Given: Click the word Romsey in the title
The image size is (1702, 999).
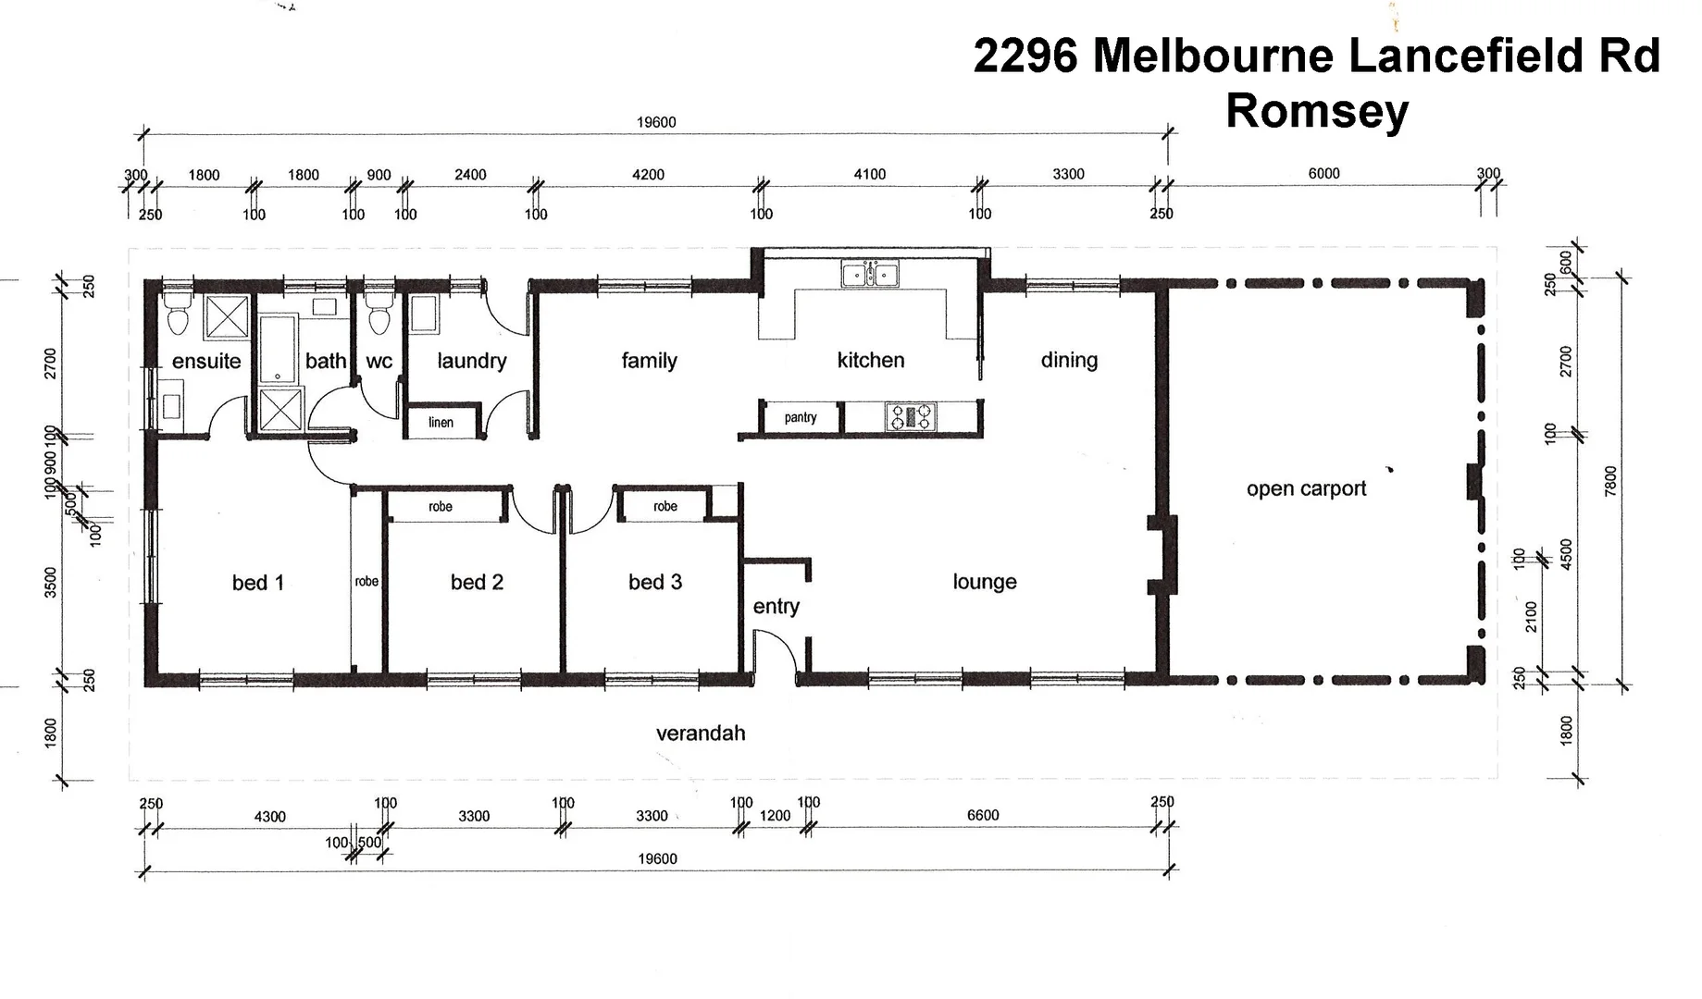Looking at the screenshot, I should pos(1316,111).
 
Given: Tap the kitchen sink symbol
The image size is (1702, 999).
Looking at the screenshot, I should pos(869,275).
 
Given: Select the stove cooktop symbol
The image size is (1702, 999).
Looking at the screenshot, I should pos(912,417).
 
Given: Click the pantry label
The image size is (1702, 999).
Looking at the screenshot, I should pos(801,417).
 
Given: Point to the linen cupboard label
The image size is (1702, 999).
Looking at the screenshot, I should pos(441,423).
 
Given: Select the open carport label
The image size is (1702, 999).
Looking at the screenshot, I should pos(1306,488).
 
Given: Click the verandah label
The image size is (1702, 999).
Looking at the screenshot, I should pos(701,734).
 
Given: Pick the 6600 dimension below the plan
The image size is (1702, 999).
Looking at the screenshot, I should pos(983,815).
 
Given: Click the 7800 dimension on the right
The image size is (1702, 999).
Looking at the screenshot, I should pos(1610,481).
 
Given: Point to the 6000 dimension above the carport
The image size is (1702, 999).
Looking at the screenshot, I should pos(1323,173).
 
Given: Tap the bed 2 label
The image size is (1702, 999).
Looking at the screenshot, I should pos(477,582).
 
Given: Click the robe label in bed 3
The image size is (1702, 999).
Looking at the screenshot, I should pos(665,506).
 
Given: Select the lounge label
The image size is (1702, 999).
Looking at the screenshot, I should pos(985,582).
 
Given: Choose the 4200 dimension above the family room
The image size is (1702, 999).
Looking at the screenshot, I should pos(648,174).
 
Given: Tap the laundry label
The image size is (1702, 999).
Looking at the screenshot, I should pos(471,361).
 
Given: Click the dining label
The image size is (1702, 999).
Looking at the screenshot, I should pos(1069,360).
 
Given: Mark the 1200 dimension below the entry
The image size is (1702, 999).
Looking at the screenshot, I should pos(775,815).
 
